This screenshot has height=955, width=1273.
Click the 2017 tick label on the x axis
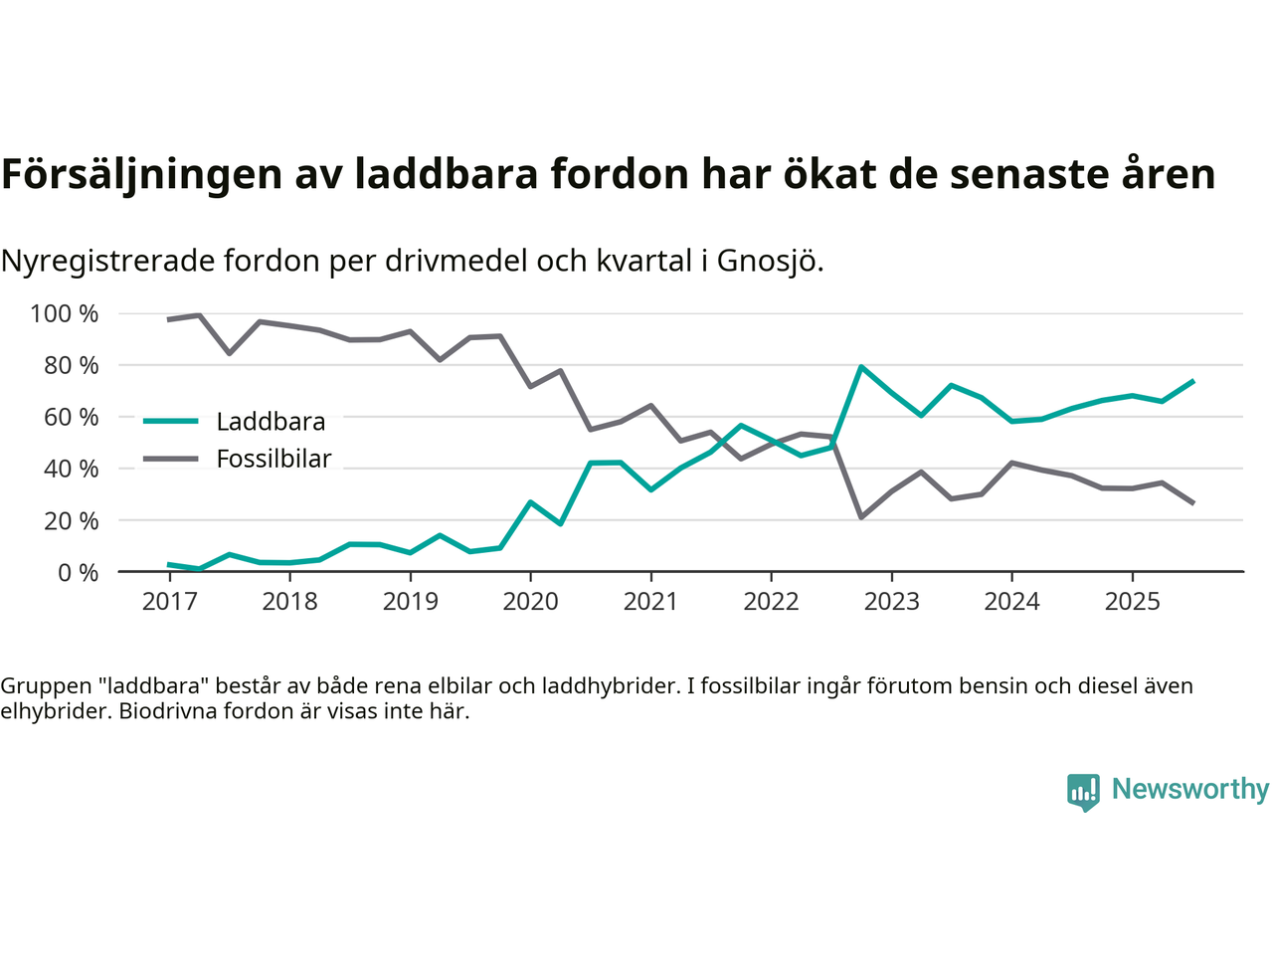(x=169, y=602)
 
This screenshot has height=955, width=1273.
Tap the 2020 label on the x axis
(x=530, y=602)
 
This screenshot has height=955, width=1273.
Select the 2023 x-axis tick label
(x=891, y=602)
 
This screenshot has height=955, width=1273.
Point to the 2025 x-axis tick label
(x=1132, y=602)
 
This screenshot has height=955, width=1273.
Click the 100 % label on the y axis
(x=65, y=314)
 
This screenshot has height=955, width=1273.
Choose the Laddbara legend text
(x=271, y=422)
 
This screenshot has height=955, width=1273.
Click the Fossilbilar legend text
(x=273, y=460)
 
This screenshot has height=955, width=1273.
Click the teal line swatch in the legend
(x=171, y=422)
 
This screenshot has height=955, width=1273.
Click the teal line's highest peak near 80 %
(x=861, y=367)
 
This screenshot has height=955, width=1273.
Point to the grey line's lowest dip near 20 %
(x=861, y=517)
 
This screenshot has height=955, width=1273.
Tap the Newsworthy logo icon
(x=1083, y=792)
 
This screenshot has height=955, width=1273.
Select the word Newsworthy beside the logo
(x=1190, y=789)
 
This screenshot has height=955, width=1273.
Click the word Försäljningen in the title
(x=141, y=174)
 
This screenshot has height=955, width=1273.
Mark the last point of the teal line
(x=1192, y=381)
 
